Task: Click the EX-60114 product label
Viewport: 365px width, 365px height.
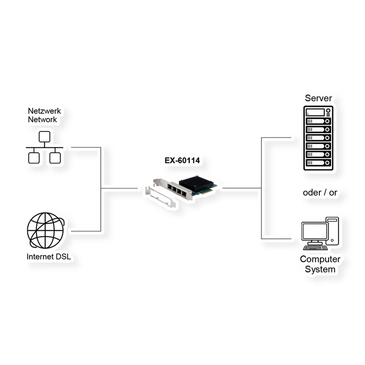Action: click(182, 160)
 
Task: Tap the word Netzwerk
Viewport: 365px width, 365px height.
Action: click(44, 111)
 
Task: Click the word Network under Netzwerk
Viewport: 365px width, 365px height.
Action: click(42, 120)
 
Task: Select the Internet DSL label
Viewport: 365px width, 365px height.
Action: click(49, 257)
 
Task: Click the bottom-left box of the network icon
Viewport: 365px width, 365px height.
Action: click(33, 158)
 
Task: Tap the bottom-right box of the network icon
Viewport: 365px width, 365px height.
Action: click(55, 158)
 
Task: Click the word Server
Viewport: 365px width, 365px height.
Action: click(318, 98)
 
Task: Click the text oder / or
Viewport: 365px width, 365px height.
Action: click(320, 193)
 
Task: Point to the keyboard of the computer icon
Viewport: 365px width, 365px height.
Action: click(315, 247)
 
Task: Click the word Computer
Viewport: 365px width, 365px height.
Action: click(320, 259)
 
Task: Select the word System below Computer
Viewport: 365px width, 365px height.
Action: click(320, 269)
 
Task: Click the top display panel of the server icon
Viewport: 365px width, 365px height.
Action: click(318, 112)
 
